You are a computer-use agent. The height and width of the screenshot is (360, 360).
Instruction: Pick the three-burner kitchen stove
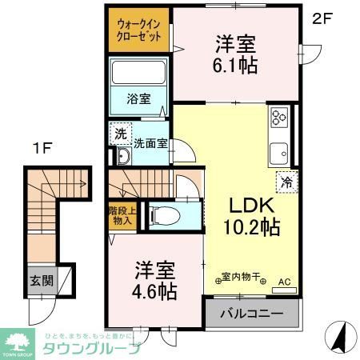click(278, 118)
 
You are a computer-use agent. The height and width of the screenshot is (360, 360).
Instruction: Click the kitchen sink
click(279, 152)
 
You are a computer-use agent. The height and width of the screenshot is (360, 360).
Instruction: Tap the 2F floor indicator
click(321, 17)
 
